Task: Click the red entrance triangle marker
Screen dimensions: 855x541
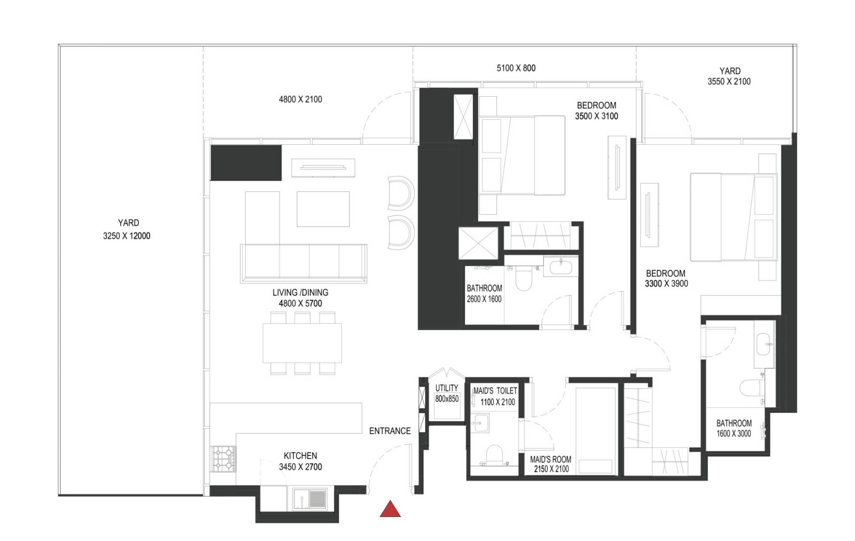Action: [x=390, y=509]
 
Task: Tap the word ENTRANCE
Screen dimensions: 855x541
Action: [x=390, y=431]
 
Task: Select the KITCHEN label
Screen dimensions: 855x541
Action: [x=300, y=456]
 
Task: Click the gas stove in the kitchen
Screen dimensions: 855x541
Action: [x=223, y=459]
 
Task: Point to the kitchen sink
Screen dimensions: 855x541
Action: [x=310, y=499]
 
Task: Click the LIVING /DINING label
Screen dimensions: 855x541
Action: [x=300, y=292]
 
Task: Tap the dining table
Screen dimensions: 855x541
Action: [x=302, y=343]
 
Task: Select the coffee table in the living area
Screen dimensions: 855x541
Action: [x=323, y=209]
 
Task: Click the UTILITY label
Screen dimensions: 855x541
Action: [x=447, y=388]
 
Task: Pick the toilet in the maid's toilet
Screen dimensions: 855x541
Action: [x=495, y=455]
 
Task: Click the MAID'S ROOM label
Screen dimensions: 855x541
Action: [x=551, y=459]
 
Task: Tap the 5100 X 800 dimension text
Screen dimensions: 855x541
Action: [x=516, y=68]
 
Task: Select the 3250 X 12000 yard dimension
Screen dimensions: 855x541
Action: [x=127, y=236]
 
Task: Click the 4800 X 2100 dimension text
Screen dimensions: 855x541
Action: [x=300, y=99]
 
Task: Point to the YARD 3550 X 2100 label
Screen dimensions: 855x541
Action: [x=729, y=76]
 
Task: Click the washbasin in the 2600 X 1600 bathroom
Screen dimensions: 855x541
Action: [x=561, y=266]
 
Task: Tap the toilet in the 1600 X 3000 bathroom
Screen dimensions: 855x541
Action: [x=751, y=388]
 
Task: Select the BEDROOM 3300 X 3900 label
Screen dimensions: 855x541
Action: [x=666, y=279]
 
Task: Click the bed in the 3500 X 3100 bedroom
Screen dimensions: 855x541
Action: [x=522, y=156]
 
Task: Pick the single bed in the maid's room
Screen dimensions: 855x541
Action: [x=596, y=431]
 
